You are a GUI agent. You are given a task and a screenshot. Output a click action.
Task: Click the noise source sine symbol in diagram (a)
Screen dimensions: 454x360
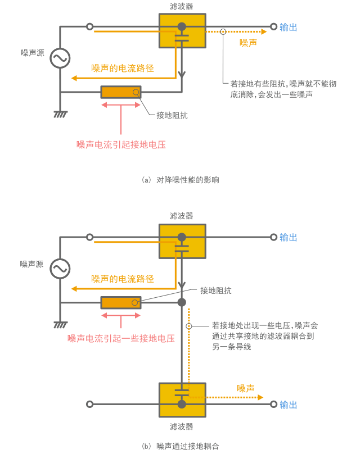[x=60, y=58]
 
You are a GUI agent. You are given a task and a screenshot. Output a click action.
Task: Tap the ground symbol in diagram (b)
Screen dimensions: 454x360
[x=60, y=324]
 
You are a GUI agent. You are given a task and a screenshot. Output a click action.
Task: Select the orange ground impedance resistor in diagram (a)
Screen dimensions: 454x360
[x=121, y=92]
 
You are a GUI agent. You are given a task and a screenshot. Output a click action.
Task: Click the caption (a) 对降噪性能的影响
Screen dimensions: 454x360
[x=181, y=180]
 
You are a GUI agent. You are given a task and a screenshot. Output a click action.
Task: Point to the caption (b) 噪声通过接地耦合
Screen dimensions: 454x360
[x=181, y=446]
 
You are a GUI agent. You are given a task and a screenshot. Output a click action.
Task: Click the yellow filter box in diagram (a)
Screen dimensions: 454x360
[x=182, y=31]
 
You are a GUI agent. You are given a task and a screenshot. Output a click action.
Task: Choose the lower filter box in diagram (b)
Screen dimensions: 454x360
[x=182, y=400]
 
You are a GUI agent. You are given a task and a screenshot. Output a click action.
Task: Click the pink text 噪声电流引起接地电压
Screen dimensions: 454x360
[x=121, y=144]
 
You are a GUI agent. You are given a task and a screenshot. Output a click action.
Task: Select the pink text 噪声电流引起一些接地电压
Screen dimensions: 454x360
[x=121, y=338]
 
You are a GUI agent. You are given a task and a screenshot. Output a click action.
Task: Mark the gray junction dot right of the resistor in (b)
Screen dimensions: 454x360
[x=182, y=302]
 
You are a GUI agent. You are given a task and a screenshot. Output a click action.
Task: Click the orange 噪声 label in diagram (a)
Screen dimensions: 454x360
[x=248, y=43]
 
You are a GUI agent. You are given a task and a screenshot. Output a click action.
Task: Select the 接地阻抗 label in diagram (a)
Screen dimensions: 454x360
[x=172, y=115]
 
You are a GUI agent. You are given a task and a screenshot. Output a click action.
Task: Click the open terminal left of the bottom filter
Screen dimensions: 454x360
[x=89, y=405]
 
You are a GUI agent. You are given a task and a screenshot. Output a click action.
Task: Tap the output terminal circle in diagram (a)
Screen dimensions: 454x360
[x=274, y=26]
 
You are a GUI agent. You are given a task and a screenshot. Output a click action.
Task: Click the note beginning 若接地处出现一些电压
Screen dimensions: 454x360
[x=264, y=336]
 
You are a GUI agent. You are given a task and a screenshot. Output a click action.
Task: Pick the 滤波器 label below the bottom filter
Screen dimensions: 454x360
[x=181, y=426]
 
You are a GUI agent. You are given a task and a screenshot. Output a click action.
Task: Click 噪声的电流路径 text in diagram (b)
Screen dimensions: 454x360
[x=123, y=279]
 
